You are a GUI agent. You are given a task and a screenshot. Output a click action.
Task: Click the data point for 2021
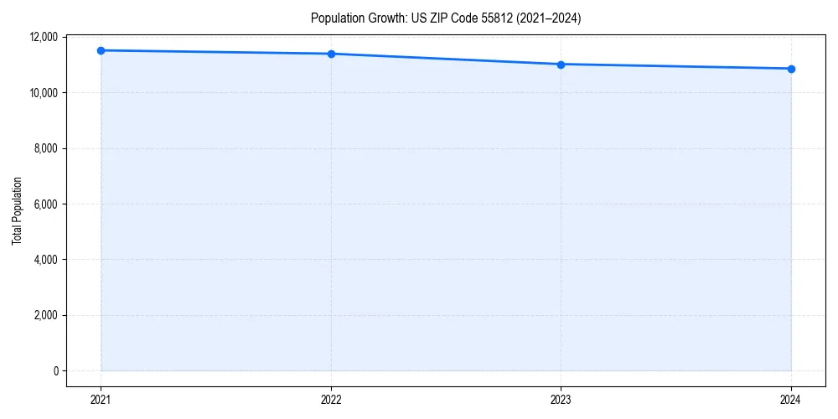[x=101, y=50]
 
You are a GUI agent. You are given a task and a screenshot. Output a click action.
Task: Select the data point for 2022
[x=331, y=54]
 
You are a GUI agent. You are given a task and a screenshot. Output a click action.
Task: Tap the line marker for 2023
[x=561, y=65]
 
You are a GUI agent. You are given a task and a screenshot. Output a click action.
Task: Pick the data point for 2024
[x=791, y=69]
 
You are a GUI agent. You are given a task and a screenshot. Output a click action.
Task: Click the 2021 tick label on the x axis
[x=101, y=400]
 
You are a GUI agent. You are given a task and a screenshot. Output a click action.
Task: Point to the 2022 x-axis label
[x=331, y=400]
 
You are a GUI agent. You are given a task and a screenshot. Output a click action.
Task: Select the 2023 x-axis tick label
[x=561, y=400]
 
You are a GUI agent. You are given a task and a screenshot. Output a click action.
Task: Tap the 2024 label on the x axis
[x=791, y=400]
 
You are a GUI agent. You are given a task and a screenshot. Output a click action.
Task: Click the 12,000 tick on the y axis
[x=43, y=37]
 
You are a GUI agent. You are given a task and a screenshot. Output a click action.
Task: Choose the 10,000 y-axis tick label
[x=43, y=92]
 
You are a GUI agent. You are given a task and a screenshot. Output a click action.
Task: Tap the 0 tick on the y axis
[x=55, y=371]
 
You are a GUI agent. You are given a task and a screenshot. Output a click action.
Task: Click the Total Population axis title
[x=17, y=210]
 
